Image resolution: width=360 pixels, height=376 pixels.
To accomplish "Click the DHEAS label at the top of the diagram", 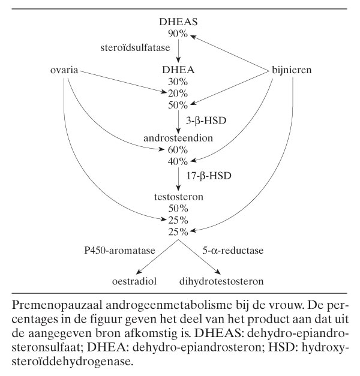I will [179, 23].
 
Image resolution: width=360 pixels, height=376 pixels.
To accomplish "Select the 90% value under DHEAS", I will [179, 34].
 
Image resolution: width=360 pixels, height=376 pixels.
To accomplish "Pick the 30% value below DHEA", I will [179, 82].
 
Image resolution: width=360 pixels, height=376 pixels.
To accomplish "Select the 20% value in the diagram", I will [179, 92].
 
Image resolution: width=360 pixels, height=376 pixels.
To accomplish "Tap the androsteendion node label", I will [179, 138].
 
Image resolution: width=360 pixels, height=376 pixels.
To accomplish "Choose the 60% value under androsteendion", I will [179, 149].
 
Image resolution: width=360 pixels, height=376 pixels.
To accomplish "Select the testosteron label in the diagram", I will [179, 196].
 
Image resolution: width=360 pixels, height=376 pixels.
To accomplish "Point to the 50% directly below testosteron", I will [179, 208].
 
